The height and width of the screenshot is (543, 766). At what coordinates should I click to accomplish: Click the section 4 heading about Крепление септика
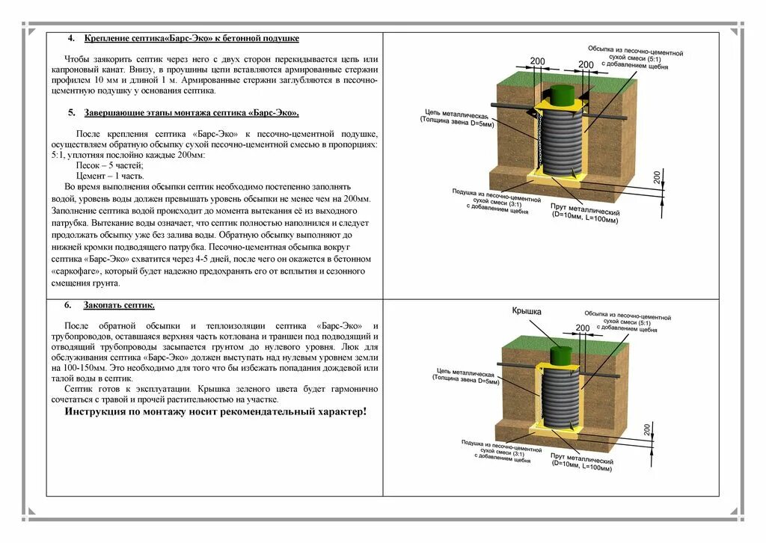coord(191,38)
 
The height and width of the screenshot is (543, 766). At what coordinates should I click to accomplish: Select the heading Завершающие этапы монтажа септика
coord(191,113)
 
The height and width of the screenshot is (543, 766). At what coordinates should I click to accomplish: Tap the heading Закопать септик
coord(119,305)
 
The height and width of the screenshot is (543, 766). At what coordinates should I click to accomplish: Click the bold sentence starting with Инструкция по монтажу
coord(215,411)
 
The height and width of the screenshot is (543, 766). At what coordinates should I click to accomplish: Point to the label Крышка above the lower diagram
coord(526,311)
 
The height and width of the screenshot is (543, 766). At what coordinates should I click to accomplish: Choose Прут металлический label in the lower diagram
coord(581,461)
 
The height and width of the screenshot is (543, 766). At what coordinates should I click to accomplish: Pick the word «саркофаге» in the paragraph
coord(93,271)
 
